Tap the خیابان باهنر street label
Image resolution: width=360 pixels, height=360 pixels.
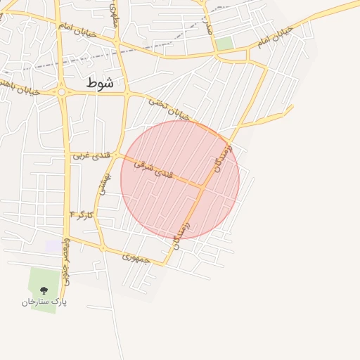(21, 87)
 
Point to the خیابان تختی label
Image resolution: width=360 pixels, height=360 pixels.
(169, 108)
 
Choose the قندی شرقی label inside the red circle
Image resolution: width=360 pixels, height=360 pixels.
(153, 168)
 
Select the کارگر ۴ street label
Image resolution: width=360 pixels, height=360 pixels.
(82, 214)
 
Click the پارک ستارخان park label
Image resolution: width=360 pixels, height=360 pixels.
(44, 302)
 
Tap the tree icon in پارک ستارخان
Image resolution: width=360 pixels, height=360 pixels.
(44, 290)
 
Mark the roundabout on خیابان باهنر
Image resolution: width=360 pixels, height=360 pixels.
(62, 92)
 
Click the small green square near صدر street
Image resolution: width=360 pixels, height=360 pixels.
(224, 44)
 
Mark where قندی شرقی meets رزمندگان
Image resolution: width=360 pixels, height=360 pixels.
(202, 186)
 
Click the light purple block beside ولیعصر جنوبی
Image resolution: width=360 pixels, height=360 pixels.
(53, 246)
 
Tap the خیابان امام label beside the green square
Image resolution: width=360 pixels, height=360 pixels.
(272, 39)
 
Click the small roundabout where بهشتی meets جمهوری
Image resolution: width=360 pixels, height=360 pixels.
(103, 248)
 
